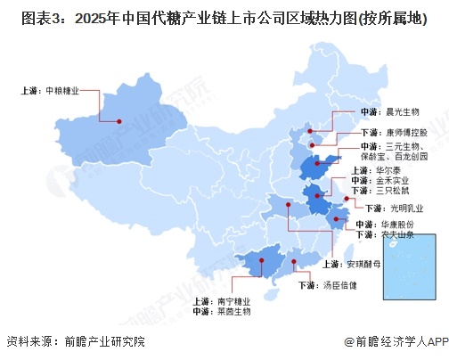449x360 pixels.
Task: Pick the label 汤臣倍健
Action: [x=339, y=285]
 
